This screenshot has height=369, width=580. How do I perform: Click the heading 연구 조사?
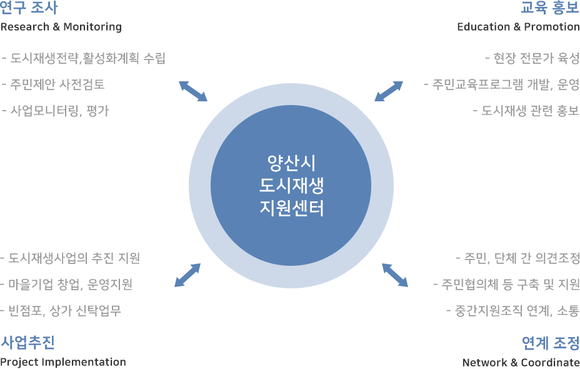pos(29,8)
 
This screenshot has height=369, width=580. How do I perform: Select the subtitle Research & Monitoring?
pos(61,27)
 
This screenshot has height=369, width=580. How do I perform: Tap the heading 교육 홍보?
pos(550,8)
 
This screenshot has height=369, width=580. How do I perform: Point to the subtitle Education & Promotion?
pos(518,27)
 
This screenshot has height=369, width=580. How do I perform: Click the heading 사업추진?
pos(27,342)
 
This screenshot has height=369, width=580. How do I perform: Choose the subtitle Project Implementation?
pos(63,362)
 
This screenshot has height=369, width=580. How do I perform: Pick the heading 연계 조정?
pos(551,343)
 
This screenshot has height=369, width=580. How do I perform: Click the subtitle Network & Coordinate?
pos(521,362)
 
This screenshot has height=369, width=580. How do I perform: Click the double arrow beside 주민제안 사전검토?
pos(193,91)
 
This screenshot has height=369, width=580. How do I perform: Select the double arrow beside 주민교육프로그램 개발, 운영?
pos(389,91)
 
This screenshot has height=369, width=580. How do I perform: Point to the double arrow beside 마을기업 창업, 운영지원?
pos(187,275)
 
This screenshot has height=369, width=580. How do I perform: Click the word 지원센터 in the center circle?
pos(291,208)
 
